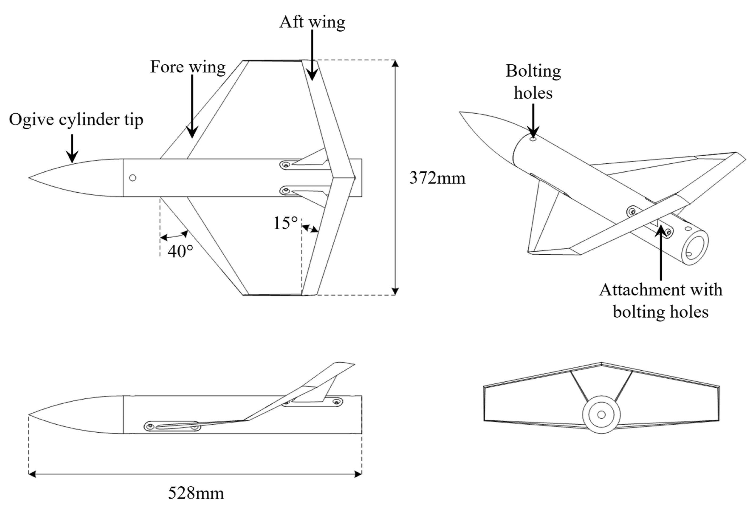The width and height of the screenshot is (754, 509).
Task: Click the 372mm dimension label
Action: (437, 178)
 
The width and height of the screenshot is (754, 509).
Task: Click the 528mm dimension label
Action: (196, 493)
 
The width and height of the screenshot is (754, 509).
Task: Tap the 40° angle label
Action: (180, 251)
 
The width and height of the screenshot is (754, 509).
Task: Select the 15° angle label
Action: (285, 223)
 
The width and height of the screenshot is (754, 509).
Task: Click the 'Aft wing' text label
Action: (312, 22)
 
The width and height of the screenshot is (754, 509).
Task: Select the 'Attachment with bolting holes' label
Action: (661, 301)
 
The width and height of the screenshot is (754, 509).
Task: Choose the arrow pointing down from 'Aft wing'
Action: (312, 55)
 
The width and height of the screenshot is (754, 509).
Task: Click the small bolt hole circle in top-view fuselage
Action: (133, 178)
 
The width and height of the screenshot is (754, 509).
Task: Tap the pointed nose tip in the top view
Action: (29, 178)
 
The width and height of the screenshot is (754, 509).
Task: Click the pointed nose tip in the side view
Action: (29, 415)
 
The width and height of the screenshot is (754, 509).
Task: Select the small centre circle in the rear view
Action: (601, 415)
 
